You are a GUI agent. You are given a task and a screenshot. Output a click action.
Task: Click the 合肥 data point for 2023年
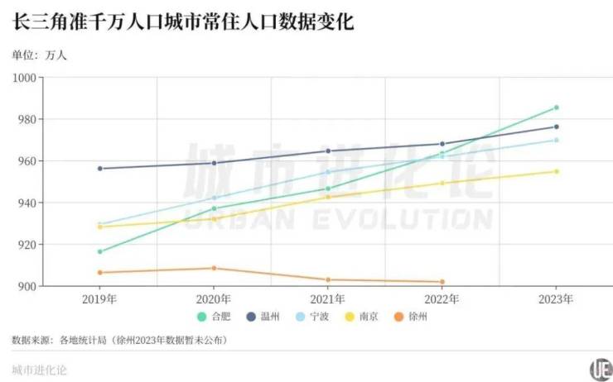click(x=557, y=107)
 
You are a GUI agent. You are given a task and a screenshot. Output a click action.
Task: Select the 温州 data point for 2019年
click(x=100, y=169)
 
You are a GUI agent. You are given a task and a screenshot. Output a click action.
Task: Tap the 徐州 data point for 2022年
click(x=442, y=282)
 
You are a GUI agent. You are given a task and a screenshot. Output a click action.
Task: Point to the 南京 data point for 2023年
click(x=557, y=171)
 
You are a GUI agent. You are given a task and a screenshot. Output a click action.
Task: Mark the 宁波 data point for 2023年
click(x=557, y=140)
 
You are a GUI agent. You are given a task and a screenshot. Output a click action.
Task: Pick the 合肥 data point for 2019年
click(x=100, y=251)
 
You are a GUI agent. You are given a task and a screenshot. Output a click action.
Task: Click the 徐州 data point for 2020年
click(x=214, y=268)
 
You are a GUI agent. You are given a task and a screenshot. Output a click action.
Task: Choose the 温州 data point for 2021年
click(x=328, y=151)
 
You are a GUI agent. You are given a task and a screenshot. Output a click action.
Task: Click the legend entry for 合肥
click(x=215, y=317)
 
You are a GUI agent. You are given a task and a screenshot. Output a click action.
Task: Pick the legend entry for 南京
click(x=365, y=317)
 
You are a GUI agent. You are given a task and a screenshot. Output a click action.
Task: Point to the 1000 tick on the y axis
click(x=25, y=78)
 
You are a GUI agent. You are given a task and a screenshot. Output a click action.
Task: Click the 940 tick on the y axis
click(x=27, y=203)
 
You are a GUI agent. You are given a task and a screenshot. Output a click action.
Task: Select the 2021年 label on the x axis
click(x=328, y=298)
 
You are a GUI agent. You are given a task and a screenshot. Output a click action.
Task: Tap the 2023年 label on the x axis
click(x=557, y=298)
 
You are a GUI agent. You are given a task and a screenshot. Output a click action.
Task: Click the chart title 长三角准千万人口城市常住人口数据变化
click(x=183, y=21)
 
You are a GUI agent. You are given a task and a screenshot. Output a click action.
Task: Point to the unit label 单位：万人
click(x=39, y=55)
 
